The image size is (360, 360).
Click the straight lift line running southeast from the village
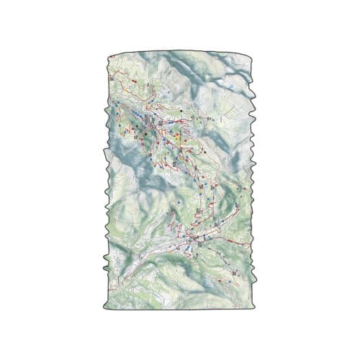220,256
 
